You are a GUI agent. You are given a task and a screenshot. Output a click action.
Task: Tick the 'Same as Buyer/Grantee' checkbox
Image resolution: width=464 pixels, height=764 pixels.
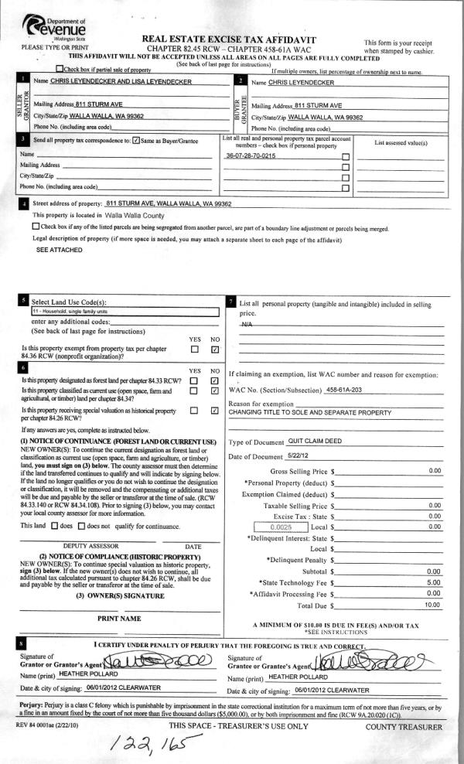tap(136, 141)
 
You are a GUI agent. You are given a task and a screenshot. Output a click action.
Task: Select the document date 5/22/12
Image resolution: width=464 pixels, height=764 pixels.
tap(319, 455)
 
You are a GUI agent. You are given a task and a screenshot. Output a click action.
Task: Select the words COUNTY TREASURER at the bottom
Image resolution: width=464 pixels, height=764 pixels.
tap(404, 727)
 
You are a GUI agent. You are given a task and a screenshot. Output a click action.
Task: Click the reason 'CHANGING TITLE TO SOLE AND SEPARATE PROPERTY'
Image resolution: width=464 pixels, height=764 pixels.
tap(319, 412)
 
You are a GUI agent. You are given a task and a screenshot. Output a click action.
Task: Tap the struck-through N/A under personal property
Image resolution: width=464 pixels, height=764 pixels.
tap(247, 325)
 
